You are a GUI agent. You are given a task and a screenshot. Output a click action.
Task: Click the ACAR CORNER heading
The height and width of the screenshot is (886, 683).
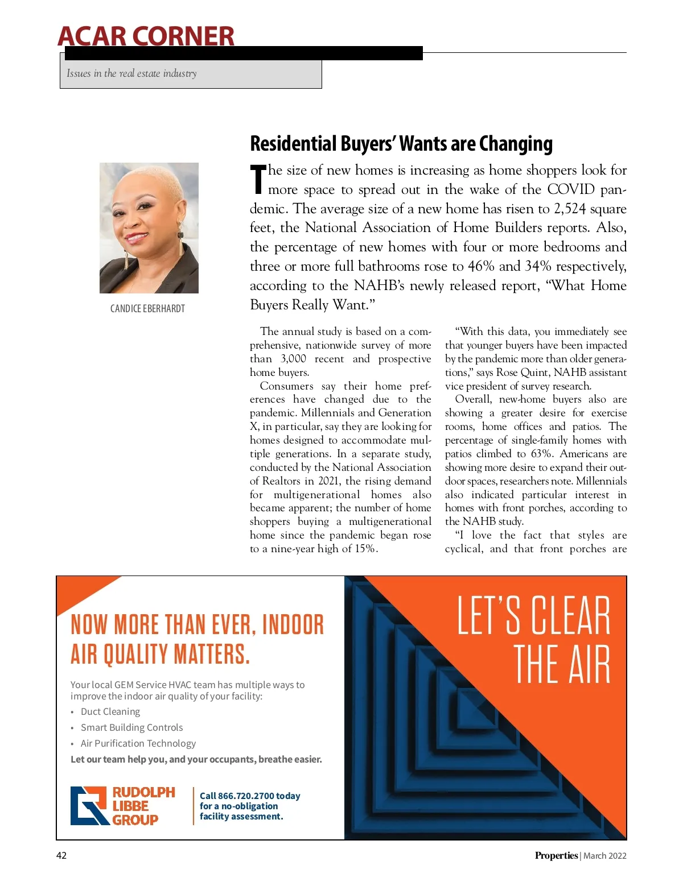click(146, 36)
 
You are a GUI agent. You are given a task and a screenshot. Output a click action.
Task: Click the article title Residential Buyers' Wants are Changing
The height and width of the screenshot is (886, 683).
click(401, 144)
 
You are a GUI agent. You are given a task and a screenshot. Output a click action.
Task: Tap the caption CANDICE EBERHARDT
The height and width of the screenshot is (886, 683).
click(147, 309)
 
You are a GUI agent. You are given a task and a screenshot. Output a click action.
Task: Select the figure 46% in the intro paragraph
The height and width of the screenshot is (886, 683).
click(481, 266)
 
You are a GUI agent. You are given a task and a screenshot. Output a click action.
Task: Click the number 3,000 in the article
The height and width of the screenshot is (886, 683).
click(293, 359)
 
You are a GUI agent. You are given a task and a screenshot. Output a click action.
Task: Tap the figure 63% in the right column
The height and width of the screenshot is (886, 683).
click(541, 454)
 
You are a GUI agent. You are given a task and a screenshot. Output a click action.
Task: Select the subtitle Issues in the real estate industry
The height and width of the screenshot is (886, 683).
click(131, 73)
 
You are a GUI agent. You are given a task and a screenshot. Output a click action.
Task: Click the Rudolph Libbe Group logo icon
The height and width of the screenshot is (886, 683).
click(89, 805)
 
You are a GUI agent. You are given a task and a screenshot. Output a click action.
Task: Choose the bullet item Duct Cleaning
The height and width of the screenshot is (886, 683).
click(110, 711)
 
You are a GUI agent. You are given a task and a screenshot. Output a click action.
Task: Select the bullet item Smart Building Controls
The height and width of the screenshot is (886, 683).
click(132, 727)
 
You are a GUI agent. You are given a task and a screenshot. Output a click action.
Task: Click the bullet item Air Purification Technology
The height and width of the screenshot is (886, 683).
click(138, 743)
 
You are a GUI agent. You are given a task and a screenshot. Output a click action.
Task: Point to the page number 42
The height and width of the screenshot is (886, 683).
click(61, 855)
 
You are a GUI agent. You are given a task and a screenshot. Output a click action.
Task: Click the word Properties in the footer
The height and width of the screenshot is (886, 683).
click(556, 855)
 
